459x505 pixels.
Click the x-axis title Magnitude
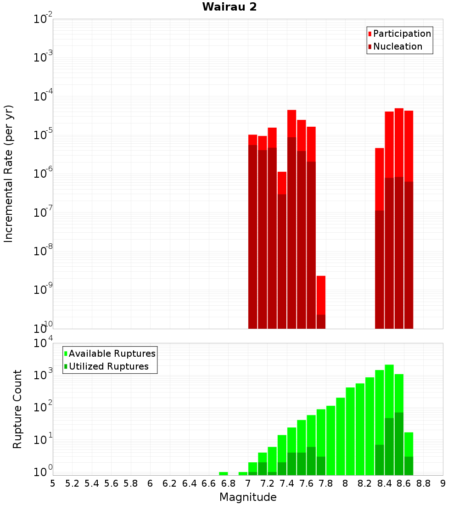(x=248, y=497)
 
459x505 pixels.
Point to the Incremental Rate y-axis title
(x=9, y=174)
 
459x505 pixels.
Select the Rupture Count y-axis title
(x=17, y=409)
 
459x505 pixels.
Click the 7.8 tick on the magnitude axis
(x=326, y=483)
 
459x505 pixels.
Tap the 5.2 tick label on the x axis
(x=73, y=483)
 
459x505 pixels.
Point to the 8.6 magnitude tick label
(x=404, y=483)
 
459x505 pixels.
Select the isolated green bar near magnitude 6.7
(x=224, y=473)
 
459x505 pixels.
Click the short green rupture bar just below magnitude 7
(x=243, y=473)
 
